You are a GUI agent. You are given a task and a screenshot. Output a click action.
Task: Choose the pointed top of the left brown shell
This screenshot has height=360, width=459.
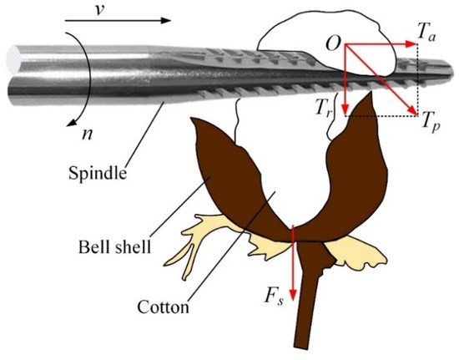[x=196, y=121]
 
